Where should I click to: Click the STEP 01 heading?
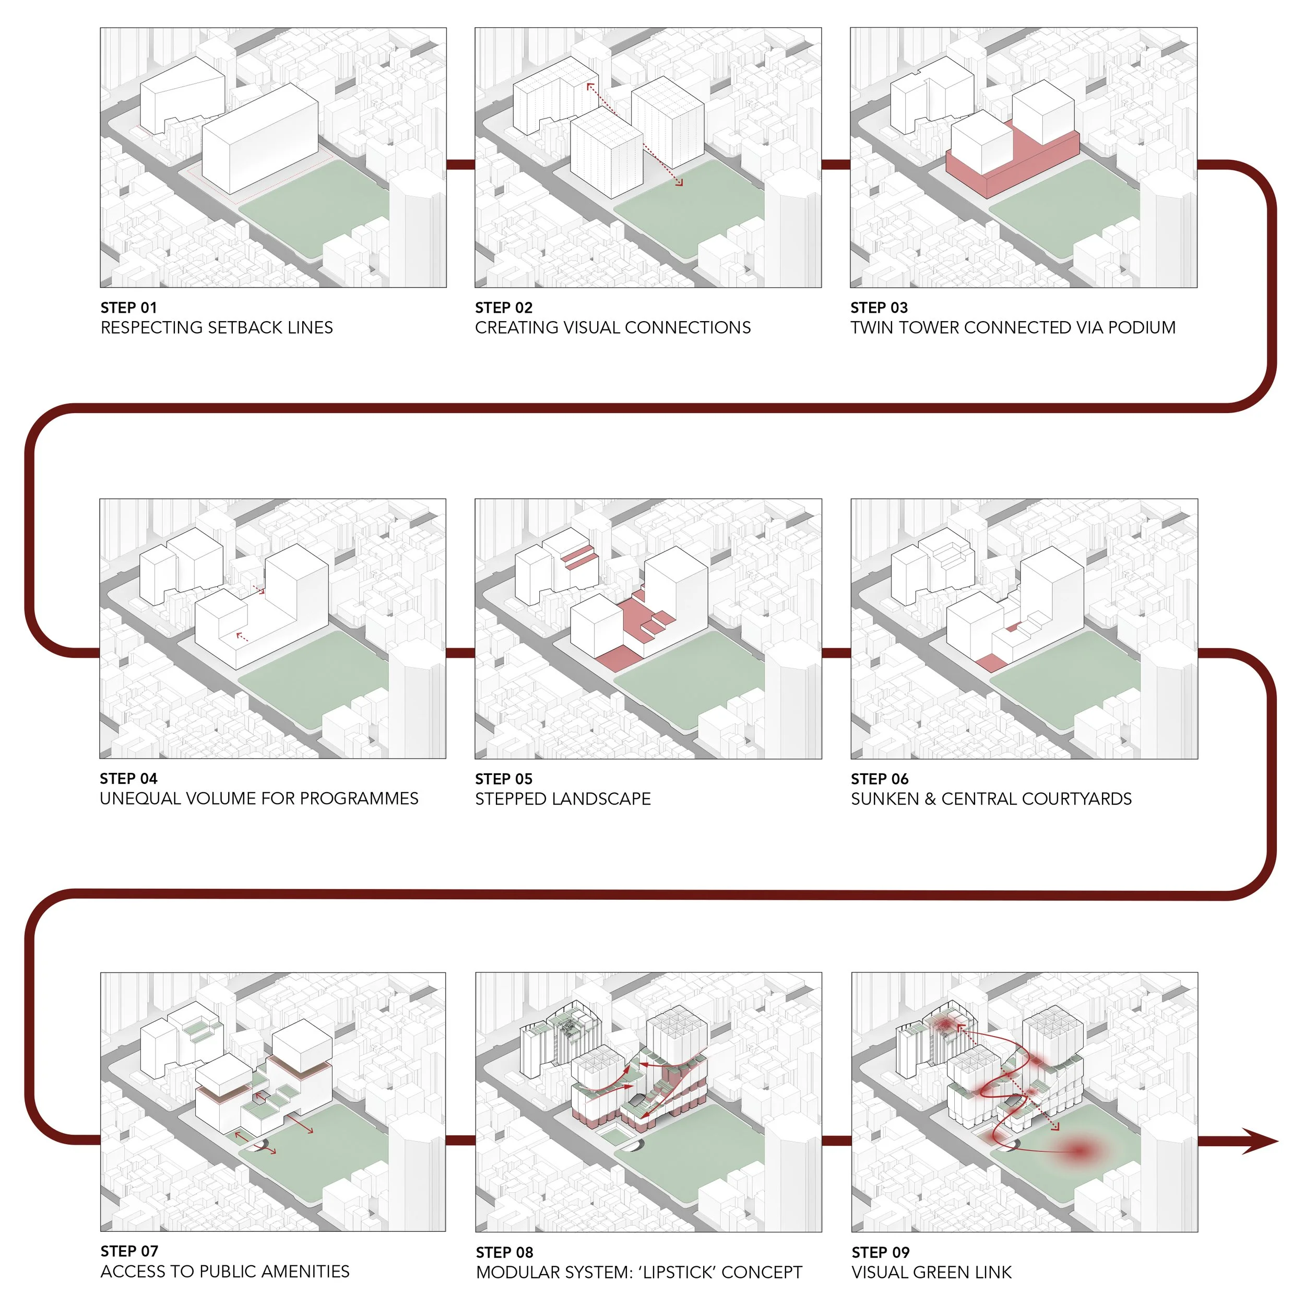128,308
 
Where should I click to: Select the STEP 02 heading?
504,308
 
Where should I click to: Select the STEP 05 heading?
504,779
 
